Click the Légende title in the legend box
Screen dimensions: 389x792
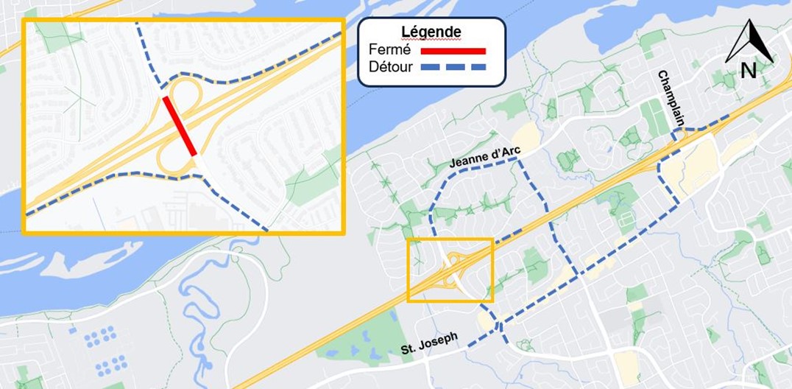(x=431, y=32)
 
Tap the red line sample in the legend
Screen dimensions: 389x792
(x=453, y=51)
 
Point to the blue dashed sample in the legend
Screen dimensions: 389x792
(x=453, y=68)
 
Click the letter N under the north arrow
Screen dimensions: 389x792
(x=749, y=71)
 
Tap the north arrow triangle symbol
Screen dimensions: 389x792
(x=749, y=42)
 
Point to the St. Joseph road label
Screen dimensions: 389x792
(x=430, y=341)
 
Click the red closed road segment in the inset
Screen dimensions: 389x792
(x=180, y=126)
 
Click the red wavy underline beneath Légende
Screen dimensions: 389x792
(x=431, y=40)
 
